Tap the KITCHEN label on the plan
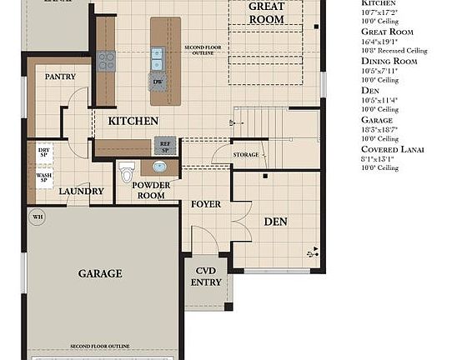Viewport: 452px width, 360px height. [x=133, y=121]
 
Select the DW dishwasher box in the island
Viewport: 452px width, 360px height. [x=158, y=82]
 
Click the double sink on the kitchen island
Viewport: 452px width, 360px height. [x=157, y=58]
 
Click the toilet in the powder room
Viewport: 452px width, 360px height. [x=127, y=172]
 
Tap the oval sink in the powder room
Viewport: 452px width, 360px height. [x=158, y=167]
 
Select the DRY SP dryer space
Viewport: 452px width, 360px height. [x=43, y=152]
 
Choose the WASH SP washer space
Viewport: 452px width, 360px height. [x=43, y=178]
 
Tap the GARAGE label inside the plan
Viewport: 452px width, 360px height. [x=100, y=273]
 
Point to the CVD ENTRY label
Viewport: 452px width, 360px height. [x=208, y=277]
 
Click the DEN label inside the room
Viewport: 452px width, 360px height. [x=275, y=222]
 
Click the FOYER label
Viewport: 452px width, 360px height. [x=206, y=203]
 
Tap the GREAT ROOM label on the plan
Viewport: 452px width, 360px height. [x=267, y=12]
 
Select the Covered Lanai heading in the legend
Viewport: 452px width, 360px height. [x=392, y=149]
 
